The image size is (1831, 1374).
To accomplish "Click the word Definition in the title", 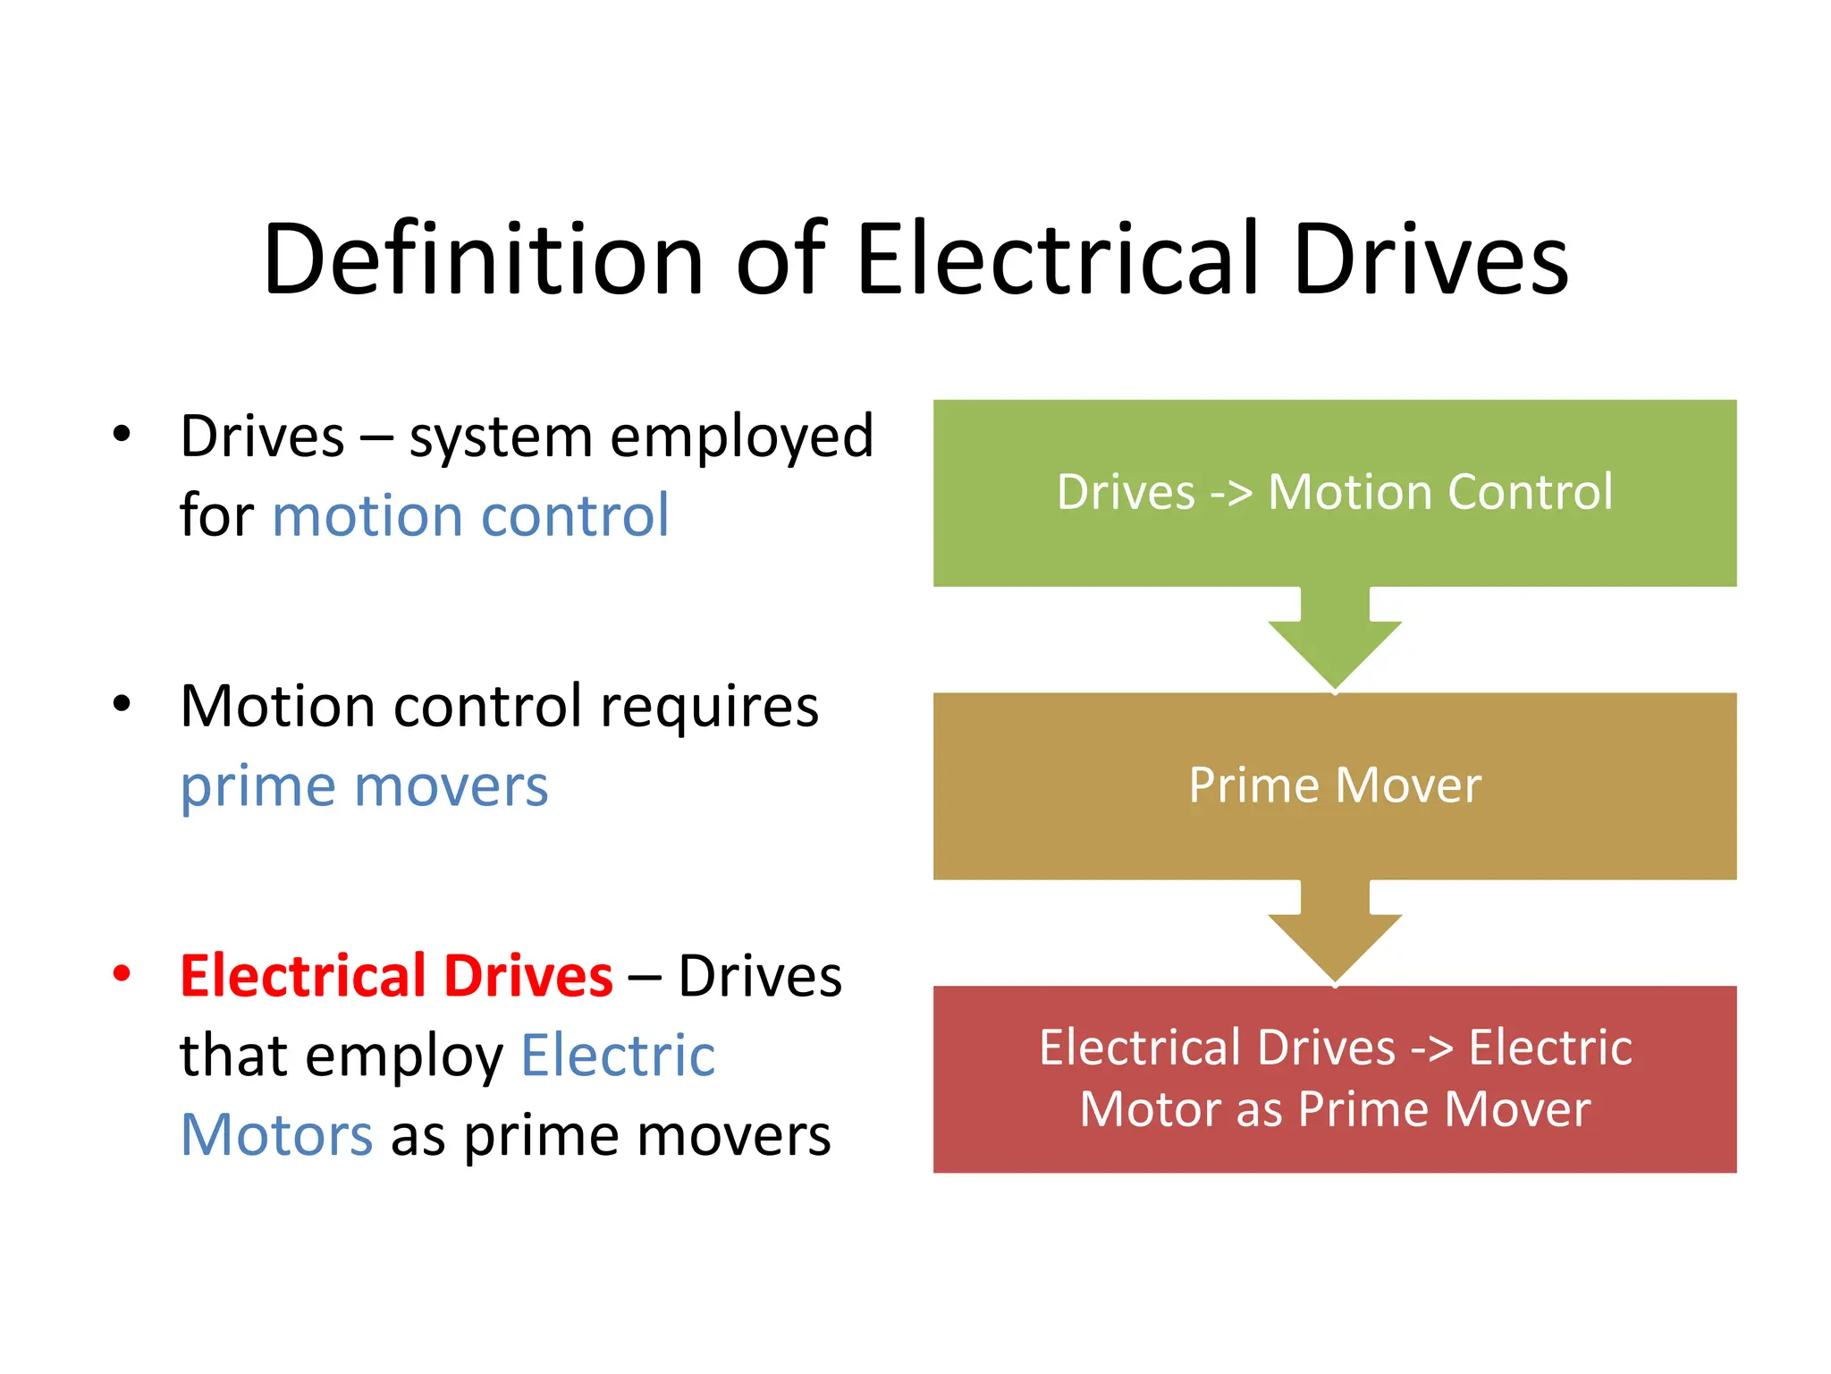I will click(x=484, y=259).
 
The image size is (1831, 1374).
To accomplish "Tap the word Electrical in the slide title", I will click(x=1059, y=259).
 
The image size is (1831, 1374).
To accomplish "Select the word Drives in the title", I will click(x=1430, y=259).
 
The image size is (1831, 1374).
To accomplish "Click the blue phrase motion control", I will click(x=470, y=516).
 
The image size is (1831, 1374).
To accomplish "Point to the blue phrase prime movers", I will click(x=364, y=786).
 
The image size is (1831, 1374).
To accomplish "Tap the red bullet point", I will click(x=122, y=973).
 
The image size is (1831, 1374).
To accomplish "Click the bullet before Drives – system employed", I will click(x=122, y=435).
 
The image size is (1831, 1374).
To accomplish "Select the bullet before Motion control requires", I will click(x=122, y=704).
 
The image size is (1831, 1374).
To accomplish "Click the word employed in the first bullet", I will click(x=741, y=438).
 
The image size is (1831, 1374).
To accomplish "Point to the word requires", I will click(x=709, y=707).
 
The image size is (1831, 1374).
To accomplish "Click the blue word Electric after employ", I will click(x=618, y=1055).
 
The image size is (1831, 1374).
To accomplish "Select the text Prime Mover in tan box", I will click(x=1335, y=785).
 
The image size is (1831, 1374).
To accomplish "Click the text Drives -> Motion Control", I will click(x=1335, y=492).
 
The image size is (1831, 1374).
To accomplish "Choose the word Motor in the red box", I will click(x=1150, y=1109).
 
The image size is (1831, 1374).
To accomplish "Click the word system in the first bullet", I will click(x=501, y=438).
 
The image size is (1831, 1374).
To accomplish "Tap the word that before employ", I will click(x=233, y=1055).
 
